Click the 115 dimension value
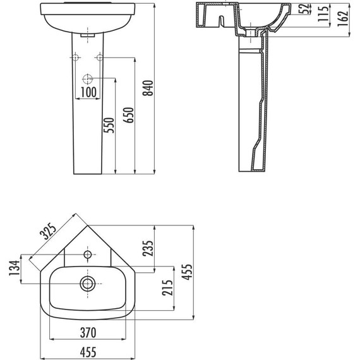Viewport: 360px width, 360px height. pos(325,13)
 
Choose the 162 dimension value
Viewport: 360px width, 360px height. pos(343,18)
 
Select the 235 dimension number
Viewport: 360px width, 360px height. pos(149,249)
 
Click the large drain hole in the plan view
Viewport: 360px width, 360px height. pos(87,282)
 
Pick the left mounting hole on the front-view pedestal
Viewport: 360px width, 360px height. pos(75,58)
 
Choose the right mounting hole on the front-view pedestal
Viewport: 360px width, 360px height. pos(99,58)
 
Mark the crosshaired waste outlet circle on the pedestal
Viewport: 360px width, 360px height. pos(87,80)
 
